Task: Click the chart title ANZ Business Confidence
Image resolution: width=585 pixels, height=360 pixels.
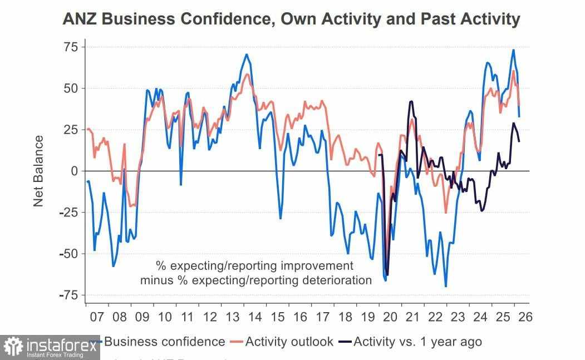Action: coord(291,19)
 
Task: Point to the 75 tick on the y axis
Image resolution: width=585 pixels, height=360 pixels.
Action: coord(70,47)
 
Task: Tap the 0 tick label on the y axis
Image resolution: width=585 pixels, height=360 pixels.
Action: coord(73,171)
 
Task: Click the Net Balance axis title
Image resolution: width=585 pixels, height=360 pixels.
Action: coord(38,171)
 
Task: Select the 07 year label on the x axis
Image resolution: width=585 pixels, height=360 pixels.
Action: coord(97,317)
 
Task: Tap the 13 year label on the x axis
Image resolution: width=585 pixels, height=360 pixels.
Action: coord(233,317)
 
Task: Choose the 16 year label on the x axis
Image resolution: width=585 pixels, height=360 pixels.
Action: coord(300,317)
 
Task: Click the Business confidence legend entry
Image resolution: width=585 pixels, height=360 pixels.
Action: coord(164,341)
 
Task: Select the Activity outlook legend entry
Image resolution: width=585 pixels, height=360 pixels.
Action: coord(289,341)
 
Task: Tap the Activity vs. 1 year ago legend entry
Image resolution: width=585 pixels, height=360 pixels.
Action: coord(417,341)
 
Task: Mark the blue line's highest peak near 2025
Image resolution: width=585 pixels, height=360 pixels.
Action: coord(513,50)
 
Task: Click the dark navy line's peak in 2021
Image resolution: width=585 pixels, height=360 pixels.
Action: coord(411,101)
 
